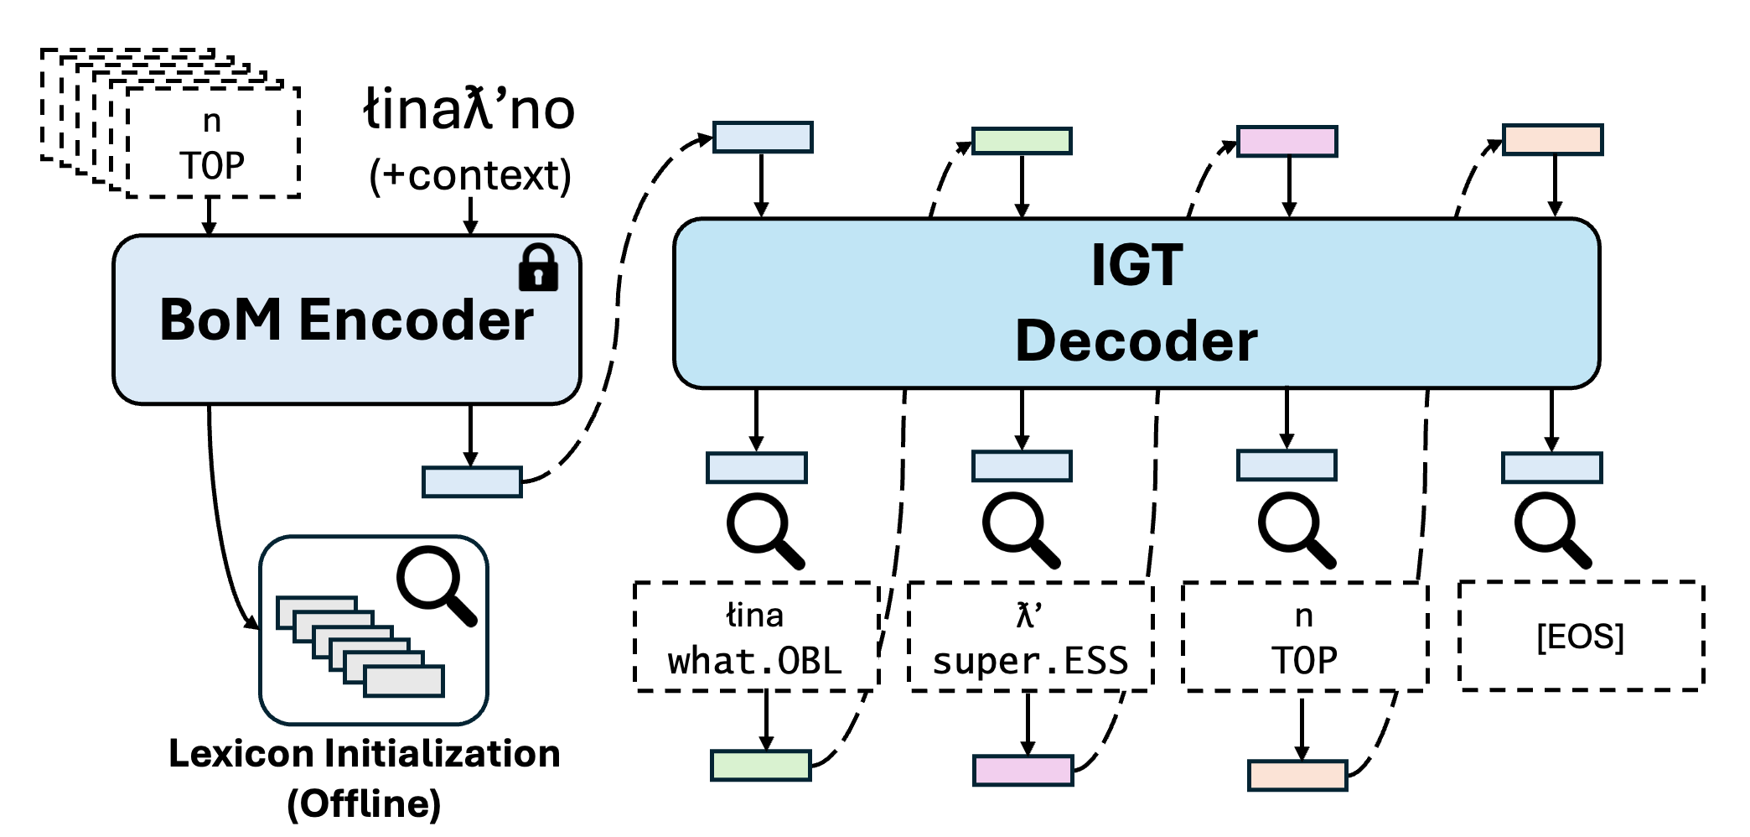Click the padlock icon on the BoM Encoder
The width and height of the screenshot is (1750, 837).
tap(538, 268)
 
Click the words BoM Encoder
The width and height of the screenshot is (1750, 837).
tap(346, 320)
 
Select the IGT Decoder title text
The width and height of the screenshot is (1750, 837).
tap(1136, 304)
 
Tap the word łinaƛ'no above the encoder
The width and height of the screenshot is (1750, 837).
tap(469, 110)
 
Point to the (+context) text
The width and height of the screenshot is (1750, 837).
tap(470, 175)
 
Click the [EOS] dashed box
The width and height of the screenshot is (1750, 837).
tap(1581, 636)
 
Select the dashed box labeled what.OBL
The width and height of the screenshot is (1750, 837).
tap(756, 637)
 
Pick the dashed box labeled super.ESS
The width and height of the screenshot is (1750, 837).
tap(1030, 637)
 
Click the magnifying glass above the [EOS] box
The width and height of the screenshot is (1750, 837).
tap(1551, 530)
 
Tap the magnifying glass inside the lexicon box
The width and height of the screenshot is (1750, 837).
tap(436, 585)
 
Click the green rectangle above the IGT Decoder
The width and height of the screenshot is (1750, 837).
tap(1021, 141)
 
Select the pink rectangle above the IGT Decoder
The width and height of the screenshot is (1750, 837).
tap(1287, 141)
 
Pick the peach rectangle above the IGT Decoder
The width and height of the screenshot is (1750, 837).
tap(1552, 140)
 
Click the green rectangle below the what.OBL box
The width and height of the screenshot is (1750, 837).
tap(760, 765)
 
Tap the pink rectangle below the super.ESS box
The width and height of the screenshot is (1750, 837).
tap(1023, 770)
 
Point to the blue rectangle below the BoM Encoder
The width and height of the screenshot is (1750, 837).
tap(472, 482)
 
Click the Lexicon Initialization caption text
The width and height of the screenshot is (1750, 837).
tap(364, 753)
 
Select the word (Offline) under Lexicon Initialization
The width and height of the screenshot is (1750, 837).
tap(364, 803)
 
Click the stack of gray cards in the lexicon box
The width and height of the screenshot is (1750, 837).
tap(360, 646)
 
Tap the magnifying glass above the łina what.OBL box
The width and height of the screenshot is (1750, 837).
tap(764, 530)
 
